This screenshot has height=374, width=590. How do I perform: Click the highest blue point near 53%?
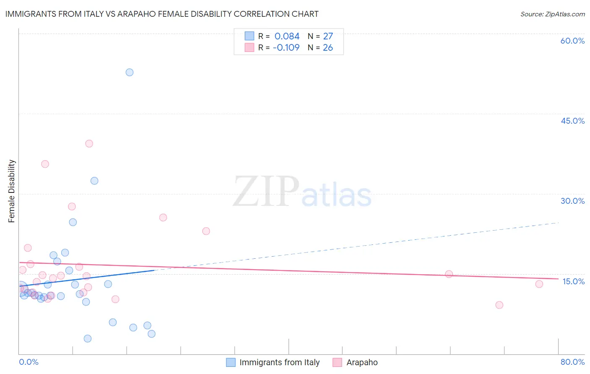(x=130, y=73)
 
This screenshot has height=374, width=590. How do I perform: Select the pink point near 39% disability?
(x=89, y=143)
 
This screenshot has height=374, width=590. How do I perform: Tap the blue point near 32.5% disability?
(x=94, y=181)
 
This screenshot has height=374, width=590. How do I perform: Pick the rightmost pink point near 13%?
(x=539, y=284)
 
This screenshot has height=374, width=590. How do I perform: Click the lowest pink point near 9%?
(x=499, y=305)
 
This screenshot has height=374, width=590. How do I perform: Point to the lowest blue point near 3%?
(x=88, y=338)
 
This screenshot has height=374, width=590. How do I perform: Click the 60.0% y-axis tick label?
(x=572, y=41)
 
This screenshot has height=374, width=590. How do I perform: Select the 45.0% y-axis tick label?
(x=572, y=121)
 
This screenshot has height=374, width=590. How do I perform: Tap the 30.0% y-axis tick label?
(x=572, y=201)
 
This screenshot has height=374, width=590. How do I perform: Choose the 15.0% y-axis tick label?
(x=573, y=281)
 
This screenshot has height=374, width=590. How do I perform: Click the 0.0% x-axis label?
(x=29, y=362)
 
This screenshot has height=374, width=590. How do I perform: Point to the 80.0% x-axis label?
(x=572, y=362)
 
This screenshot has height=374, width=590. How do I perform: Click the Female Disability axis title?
(x=12, y=191)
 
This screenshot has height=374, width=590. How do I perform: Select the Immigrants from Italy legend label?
(x=279, y=362)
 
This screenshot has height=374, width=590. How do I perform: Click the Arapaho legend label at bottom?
(x=362, y=362)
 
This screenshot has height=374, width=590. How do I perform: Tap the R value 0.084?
(x=287, y=36)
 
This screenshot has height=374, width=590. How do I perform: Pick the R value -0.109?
(x=286, y=48)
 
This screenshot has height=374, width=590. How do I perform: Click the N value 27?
(x=328, y=36)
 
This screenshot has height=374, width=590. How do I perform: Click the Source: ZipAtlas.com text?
(x=552, y=14)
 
